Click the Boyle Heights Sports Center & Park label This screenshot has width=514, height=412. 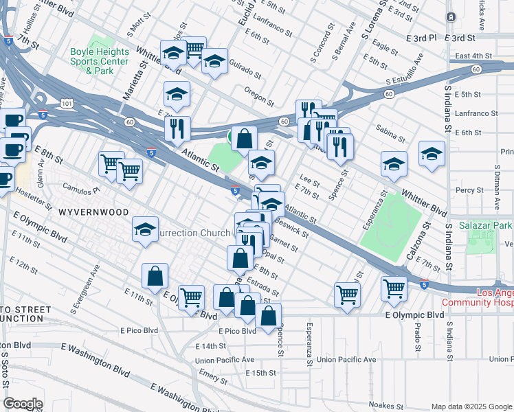pyautogui.click(x=100, y=61)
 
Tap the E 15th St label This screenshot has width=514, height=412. pyautogui.click(x=260, y=373)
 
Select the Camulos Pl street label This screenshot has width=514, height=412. pyautogui.click(x=81, y=187)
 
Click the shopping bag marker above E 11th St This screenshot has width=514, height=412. pyautogui.click(x=155, y=275)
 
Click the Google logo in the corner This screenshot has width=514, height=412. pyautogui.click(x=23, y=404)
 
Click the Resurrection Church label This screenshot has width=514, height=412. pyautogui.click(x=192, y=233)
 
